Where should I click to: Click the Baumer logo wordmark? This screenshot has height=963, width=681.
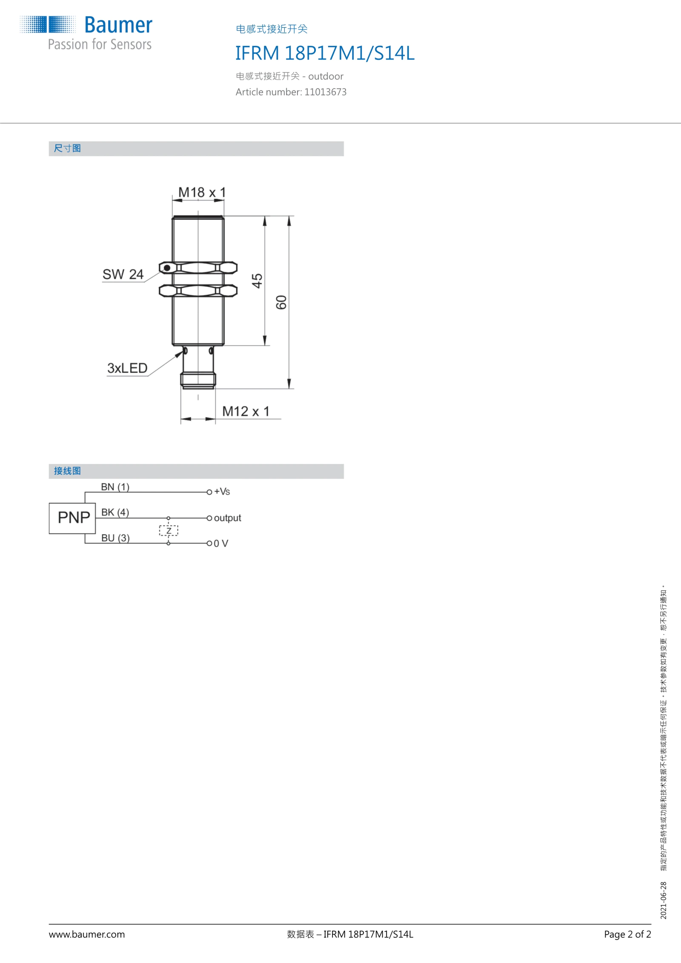118,25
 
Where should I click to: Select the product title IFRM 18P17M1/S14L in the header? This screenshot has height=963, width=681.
325,53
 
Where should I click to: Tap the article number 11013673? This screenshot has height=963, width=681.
325,92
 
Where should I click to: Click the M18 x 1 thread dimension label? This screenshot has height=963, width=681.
202,192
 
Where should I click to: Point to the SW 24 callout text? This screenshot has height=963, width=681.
123,274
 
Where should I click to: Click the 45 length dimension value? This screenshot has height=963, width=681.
257,281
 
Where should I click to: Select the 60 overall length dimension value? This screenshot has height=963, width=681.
281,302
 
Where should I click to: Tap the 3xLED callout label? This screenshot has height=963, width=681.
127,368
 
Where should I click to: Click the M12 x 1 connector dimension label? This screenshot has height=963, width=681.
246,411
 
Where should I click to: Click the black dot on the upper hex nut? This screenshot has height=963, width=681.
167,268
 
